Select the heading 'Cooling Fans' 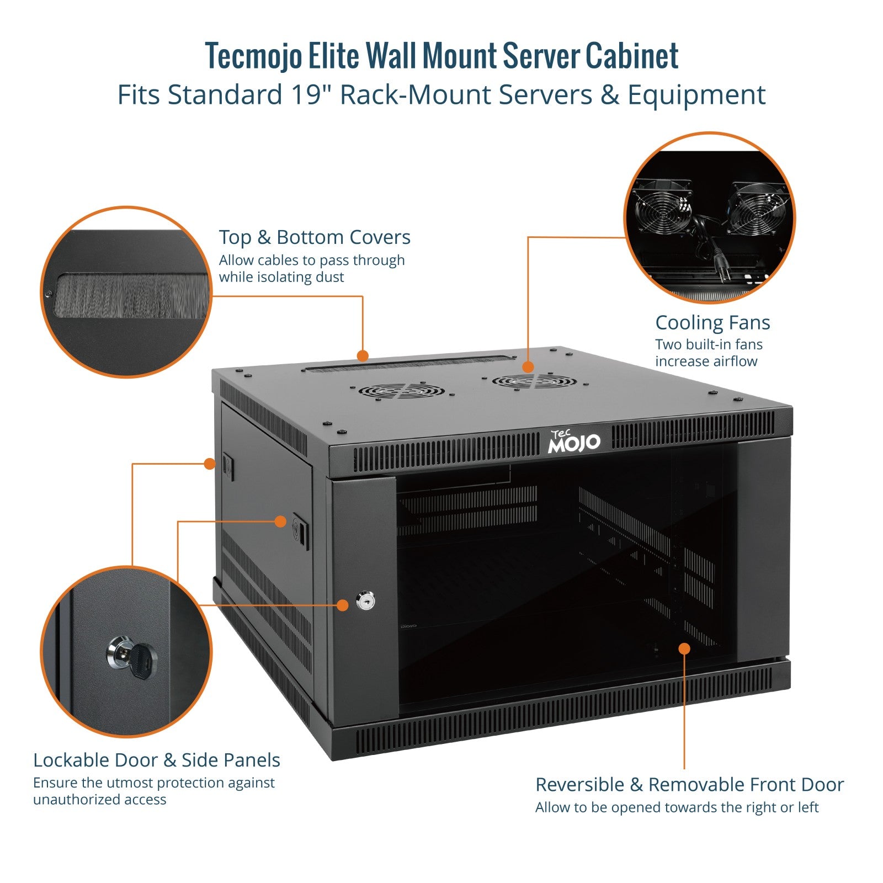click(712, 322)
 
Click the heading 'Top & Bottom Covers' click(315, 237)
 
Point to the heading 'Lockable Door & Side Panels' click(157, 760)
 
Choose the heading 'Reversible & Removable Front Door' click(689, 784)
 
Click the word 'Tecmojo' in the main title click(254, 56)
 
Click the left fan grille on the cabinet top click(401, 391)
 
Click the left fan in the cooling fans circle click(661, 209)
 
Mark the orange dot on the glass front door click(684, 648)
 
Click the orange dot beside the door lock click(342, 605)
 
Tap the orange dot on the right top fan click(528, 366)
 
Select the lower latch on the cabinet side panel click(300, 531)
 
